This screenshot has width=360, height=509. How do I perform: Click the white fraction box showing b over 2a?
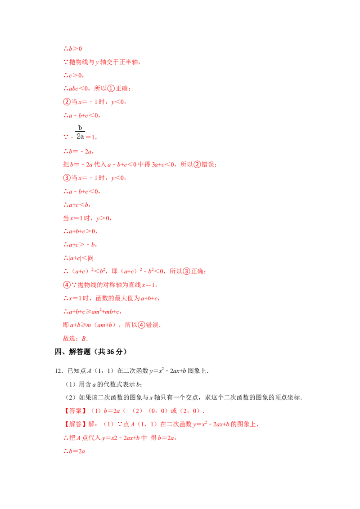(x=79, y=131)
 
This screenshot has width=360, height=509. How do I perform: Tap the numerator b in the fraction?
(x=80, y=127)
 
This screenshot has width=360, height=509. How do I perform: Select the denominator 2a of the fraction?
(x=80, y=135)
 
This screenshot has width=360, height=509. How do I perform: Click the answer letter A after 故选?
(x=83, y=338)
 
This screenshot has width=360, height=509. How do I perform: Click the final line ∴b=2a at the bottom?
(x=74, y=451)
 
